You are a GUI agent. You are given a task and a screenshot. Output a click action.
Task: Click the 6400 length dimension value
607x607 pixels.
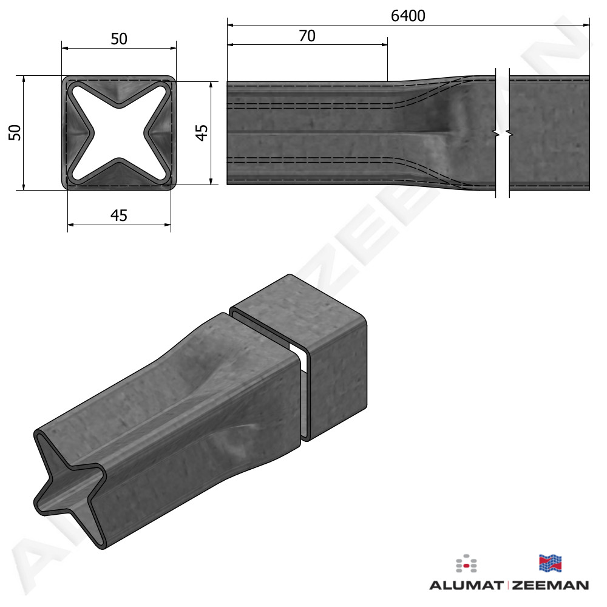coord(408,16)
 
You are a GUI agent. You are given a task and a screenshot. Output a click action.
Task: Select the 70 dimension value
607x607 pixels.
coord(307,36)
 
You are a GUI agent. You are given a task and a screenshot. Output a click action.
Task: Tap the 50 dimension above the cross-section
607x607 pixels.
coord(119,39)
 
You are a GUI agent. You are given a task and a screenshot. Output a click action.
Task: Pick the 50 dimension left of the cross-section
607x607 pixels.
coord(15,132)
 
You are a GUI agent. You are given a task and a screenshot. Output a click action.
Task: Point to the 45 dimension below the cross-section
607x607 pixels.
coord(119,215)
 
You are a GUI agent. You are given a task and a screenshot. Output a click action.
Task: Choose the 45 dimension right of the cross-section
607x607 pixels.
coord(202,132)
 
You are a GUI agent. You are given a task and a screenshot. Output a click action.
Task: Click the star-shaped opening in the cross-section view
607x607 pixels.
coord(119,133)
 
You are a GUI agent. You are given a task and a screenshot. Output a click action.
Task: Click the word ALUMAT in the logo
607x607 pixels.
coord(466,585)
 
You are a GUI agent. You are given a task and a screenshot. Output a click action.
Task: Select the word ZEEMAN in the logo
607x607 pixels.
coord(551,585)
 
